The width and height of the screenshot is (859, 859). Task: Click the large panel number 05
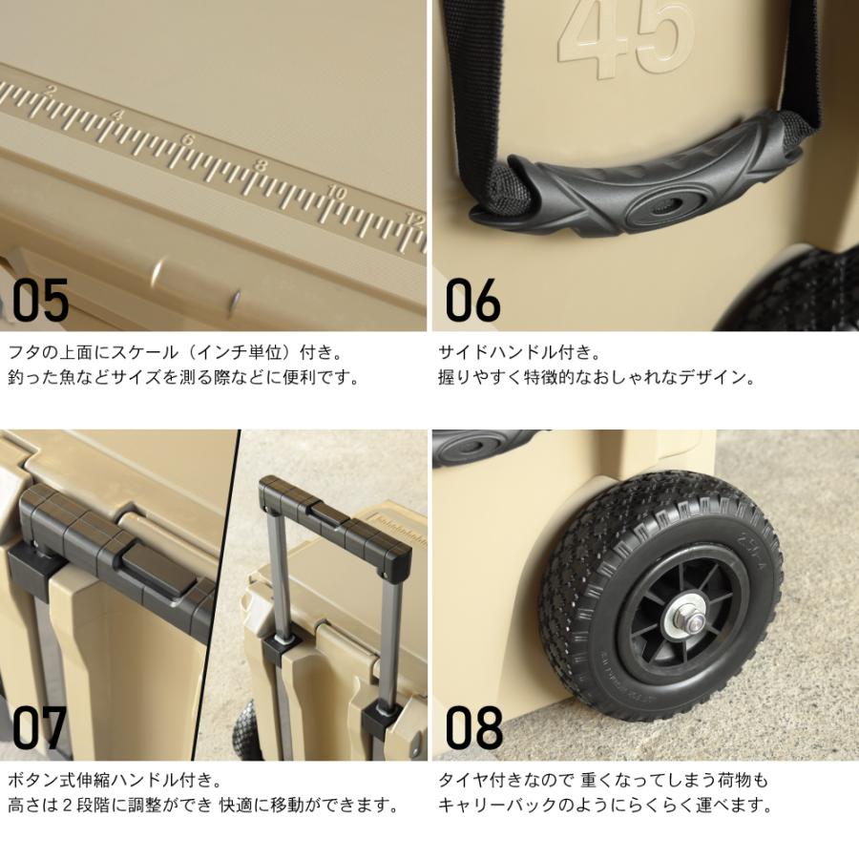tap(40, 300)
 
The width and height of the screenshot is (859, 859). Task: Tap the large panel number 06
tap(472, 300)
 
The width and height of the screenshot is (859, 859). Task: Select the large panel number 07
tap(39, 727)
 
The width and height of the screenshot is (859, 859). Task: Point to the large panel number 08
tap(473, 727)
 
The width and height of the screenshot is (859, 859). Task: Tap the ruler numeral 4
tap(117, 115)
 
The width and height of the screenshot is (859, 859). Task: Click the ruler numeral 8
tap(261, 164)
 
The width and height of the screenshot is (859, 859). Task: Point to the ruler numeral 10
tap(336, 192)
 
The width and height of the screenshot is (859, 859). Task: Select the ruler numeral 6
tap(186, 139)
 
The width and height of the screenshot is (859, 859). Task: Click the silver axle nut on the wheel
tap(684, 621)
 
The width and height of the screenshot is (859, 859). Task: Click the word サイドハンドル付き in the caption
tap(513, 351)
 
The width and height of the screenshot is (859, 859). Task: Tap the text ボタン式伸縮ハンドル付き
tap(107, 779)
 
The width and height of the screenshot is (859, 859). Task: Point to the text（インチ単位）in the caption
tap(241, 351)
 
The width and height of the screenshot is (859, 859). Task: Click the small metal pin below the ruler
tap(235, 299)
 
